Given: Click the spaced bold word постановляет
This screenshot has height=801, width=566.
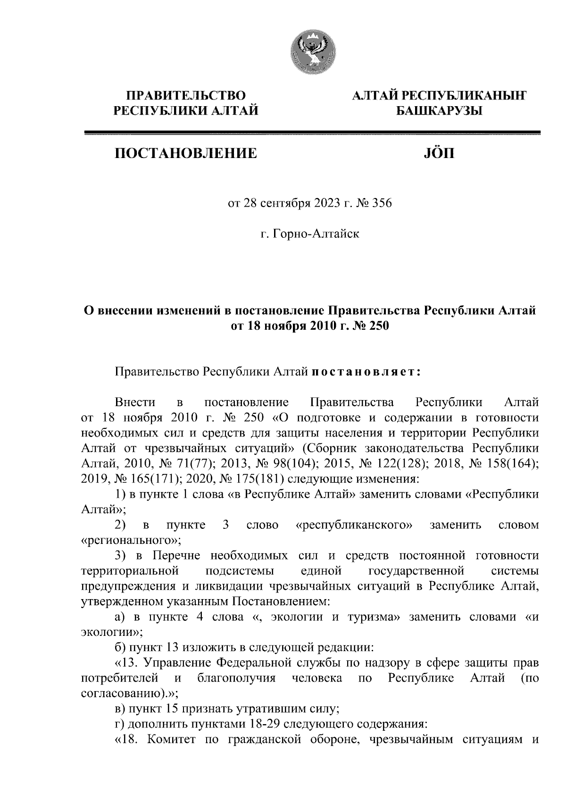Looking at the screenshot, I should [x=366, y=372].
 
